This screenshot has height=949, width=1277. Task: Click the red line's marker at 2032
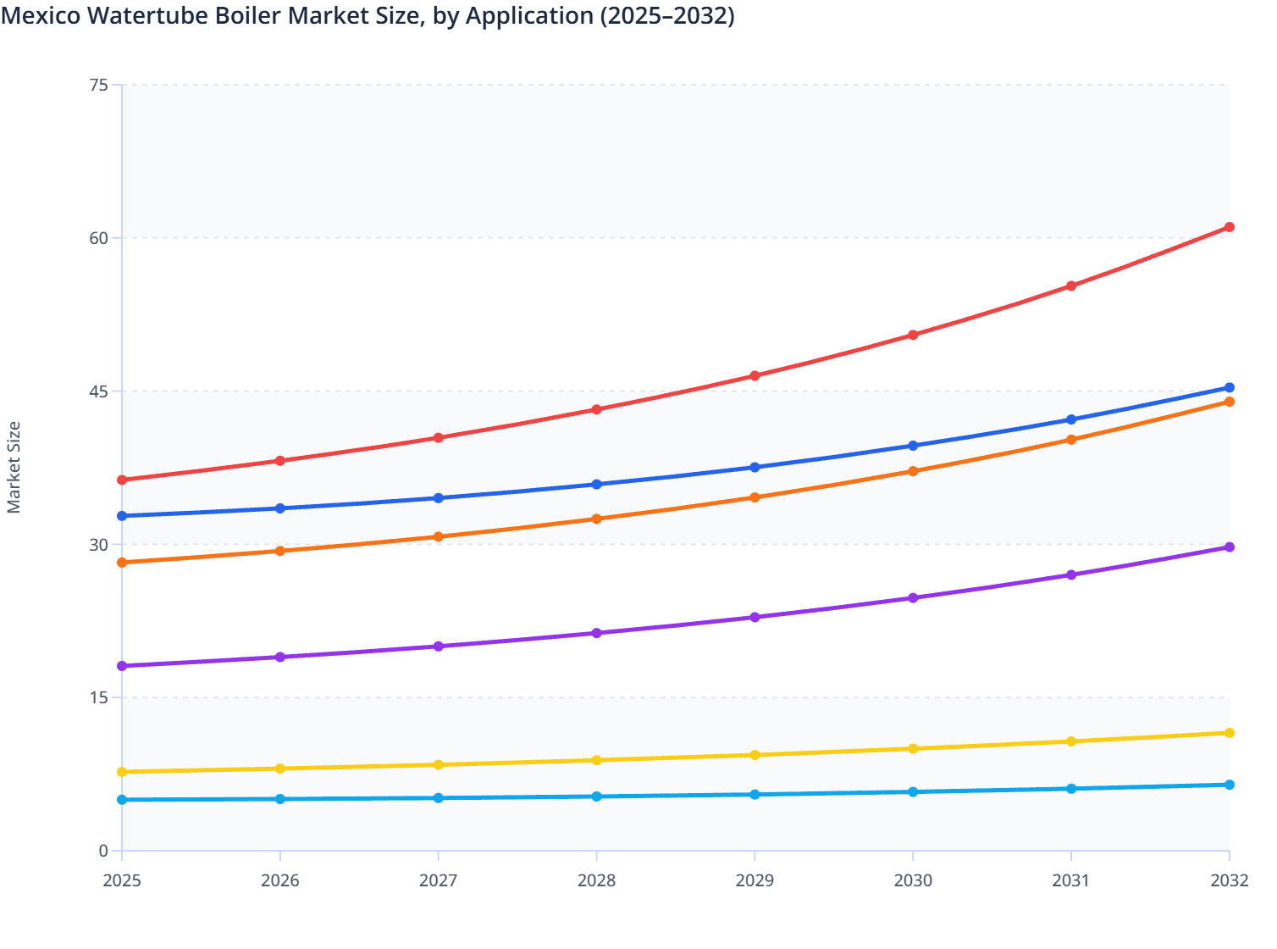[1229, 227]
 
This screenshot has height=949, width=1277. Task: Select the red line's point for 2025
[122, 480]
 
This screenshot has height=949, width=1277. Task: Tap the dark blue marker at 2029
[755, 468]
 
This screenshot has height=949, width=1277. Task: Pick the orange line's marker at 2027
[439, 537]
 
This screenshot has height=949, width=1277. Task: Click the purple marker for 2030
[913, 598]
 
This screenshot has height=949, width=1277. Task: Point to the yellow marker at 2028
[596, 760]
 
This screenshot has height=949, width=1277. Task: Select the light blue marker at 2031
[1071, 789]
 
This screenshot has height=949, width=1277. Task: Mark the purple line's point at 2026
[280, 658]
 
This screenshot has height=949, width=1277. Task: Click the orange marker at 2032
[1229, 402]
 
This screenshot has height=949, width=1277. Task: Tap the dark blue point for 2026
[280, 508]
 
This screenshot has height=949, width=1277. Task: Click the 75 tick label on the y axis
[98, 85]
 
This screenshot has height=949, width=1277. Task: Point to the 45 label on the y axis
[98, 391]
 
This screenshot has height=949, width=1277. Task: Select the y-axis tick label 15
[98, 697]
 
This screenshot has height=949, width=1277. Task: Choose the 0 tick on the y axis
[103, 851]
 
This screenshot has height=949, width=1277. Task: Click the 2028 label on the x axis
[596, 880]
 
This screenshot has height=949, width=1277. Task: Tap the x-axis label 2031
[1071, 880]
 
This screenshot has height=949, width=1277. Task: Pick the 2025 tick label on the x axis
[122, 880]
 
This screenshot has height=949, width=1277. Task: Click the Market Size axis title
[14, 468]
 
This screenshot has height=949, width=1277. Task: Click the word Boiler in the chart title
[246, 15]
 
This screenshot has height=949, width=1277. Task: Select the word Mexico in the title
[39, 15]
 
